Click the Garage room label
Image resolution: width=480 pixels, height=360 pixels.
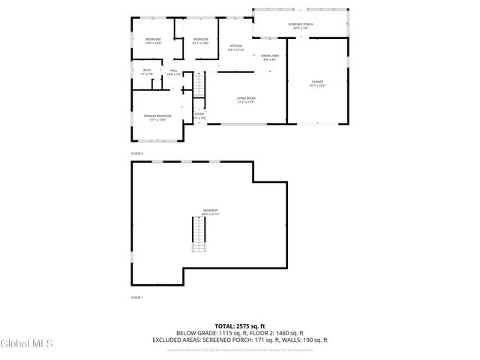coord(318,82)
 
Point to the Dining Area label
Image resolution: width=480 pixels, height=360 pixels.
coord(270,57)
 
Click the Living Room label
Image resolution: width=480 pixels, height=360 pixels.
coord(247,100)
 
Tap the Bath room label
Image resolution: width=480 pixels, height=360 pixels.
coord(147,72)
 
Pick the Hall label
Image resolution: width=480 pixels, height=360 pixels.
coord(173,72)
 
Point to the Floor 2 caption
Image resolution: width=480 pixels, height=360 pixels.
coord(136,153)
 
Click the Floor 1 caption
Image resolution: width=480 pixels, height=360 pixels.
coord(136,298)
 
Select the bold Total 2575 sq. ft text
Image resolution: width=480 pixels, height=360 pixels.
coord(239,325)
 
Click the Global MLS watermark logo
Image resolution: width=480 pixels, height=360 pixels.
coord(27,343)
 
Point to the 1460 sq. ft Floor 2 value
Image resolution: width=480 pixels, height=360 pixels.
coord(289,332)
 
